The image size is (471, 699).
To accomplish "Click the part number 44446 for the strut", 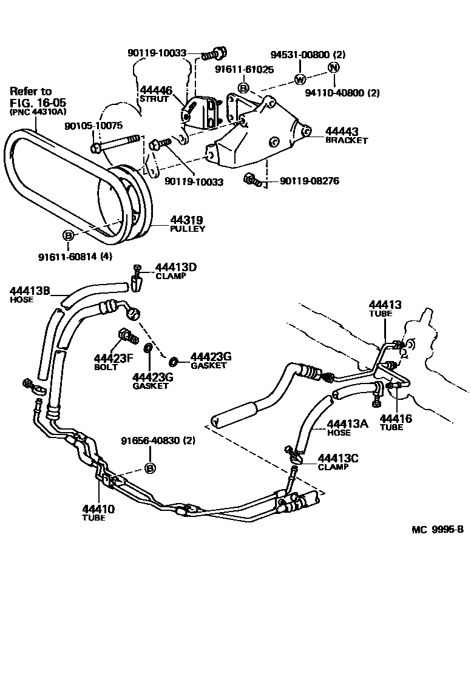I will (157, 90).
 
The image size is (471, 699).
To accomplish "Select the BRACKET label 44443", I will (342, 131).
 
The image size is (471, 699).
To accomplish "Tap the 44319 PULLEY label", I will (186, 220).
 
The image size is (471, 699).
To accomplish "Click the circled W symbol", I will (299, 79).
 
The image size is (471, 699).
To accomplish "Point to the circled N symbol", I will (333, 67).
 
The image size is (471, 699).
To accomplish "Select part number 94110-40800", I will (342, 93).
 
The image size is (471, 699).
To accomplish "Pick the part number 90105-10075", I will (93, 126).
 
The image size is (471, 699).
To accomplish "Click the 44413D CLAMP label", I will (176, 268).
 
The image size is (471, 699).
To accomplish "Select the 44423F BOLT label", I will (113, 359).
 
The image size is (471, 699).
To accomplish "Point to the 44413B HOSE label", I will (29, 291).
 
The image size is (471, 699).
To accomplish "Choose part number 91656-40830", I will (150, 441).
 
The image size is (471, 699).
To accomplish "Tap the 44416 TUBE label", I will (396, 418).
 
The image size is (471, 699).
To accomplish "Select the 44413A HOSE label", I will (347, 424).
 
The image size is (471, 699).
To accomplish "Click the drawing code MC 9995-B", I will (437, 529).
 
